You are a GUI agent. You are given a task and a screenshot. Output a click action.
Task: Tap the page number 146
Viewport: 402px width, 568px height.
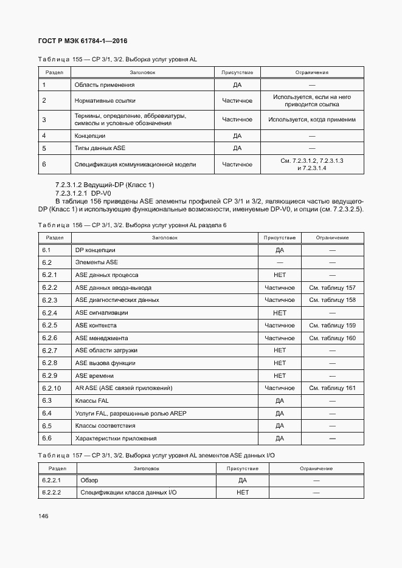coord(43,516)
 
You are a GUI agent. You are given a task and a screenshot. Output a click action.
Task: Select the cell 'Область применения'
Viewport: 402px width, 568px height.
coord(104,85)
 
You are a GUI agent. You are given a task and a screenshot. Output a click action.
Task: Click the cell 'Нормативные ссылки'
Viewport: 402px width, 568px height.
coord(105,101)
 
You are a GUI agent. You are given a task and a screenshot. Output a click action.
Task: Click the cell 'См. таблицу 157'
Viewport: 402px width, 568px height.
coord(332,287)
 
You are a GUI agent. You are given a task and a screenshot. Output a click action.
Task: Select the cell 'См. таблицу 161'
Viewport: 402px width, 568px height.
coord(332,388)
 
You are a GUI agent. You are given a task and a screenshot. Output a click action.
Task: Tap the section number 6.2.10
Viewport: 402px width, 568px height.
coord(52,388)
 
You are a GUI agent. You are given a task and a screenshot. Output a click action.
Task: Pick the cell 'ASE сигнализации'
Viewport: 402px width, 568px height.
coord(101,313)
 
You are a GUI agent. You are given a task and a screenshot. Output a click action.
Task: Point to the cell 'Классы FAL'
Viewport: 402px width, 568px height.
coord(92,401)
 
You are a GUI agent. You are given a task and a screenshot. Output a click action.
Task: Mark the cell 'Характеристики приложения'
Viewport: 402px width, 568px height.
coord(116,439)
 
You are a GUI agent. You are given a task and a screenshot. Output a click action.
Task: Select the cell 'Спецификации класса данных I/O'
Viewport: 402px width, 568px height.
coord(128,493)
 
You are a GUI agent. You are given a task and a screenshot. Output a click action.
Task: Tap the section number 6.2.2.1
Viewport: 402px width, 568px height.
coord(52,480)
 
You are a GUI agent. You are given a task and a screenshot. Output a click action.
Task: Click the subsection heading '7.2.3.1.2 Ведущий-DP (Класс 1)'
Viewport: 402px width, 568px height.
coord(105,184)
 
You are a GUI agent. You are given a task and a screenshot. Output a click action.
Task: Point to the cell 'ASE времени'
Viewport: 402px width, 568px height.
coord(94,375)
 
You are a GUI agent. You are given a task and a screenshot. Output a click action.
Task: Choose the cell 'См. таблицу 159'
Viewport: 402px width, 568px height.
coord(332,326)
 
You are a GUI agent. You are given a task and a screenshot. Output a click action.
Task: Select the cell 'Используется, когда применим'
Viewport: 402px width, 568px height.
coord(312,120)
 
